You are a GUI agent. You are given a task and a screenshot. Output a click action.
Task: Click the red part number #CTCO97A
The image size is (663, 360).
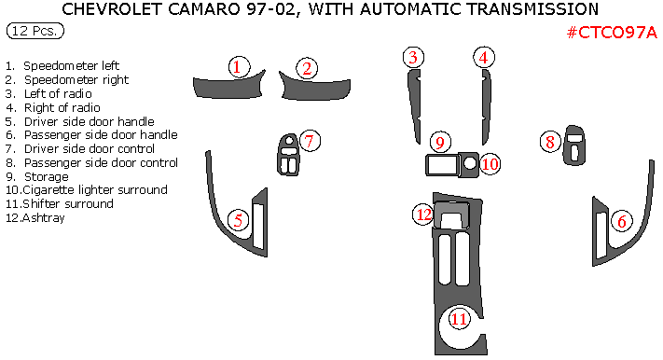[612, 32]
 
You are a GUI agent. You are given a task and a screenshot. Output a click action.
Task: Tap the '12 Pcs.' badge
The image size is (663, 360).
[35, 31]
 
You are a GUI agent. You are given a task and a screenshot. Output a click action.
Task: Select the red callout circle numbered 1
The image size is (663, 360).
[239, 67]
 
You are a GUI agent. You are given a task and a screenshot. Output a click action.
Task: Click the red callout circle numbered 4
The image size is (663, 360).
[484, 58]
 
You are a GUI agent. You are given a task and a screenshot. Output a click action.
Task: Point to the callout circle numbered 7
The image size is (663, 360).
[310, 141]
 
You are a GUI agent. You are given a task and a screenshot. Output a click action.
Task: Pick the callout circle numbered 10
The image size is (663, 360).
[490, 164]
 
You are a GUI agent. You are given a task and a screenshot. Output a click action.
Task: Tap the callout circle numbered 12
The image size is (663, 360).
[423, 215]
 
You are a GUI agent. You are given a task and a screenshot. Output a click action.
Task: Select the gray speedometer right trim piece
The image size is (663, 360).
[314, 88]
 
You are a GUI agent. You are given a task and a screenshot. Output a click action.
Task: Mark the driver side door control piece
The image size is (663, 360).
[288, 155]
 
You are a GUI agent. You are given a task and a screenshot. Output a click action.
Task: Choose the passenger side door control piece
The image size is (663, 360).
[574, 145]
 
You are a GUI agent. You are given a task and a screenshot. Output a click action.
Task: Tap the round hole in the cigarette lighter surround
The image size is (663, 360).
[470, 162]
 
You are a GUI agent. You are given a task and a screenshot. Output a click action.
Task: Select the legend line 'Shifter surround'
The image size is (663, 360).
[60, 204]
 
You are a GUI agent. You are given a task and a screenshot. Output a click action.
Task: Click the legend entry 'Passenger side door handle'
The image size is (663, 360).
[91, 135]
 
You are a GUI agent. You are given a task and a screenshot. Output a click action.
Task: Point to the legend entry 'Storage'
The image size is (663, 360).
[37, 177]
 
